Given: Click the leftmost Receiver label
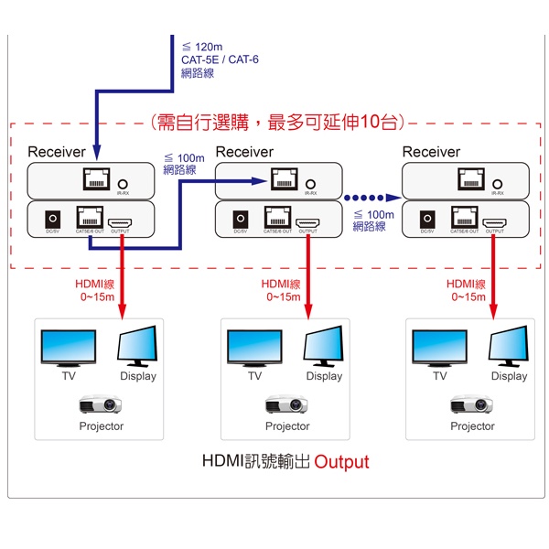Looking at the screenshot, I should click(57, 152).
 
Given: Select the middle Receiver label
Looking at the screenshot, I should click(244, 152).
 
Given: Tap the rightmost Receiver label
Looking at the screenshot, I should click(431, 152).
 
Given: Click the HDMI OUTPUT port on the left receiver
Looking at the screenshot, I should click(120, 221).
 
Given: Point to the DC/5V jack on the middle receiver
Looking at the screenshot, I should click(241, 221).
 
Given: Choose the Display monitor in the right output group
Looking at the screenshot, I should click(509, 348).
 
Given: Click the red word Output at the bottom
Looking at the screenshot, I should click(341, 461).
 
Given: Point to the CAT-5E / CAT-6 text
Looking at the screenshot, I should click(220, 60).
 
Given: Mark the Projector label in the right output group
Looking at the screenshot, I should click(472, 426).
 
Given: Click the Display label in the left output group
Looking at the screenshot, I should click(138, 376).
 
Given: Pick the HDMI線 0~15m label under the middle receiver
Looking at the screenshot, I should click(282, 290).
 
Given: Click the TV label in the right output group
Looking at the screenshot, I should click(440, 376).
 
